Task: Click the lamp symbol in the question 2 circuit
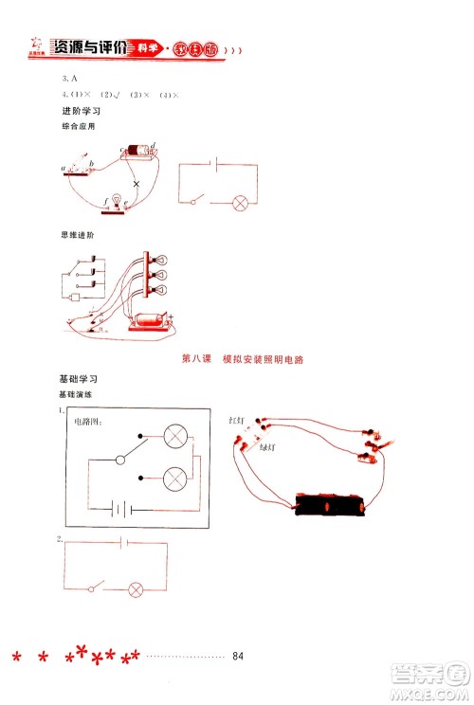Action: (x=136, y=588)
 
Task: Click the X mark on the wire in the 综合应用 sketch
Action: (x=136, y=183)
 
